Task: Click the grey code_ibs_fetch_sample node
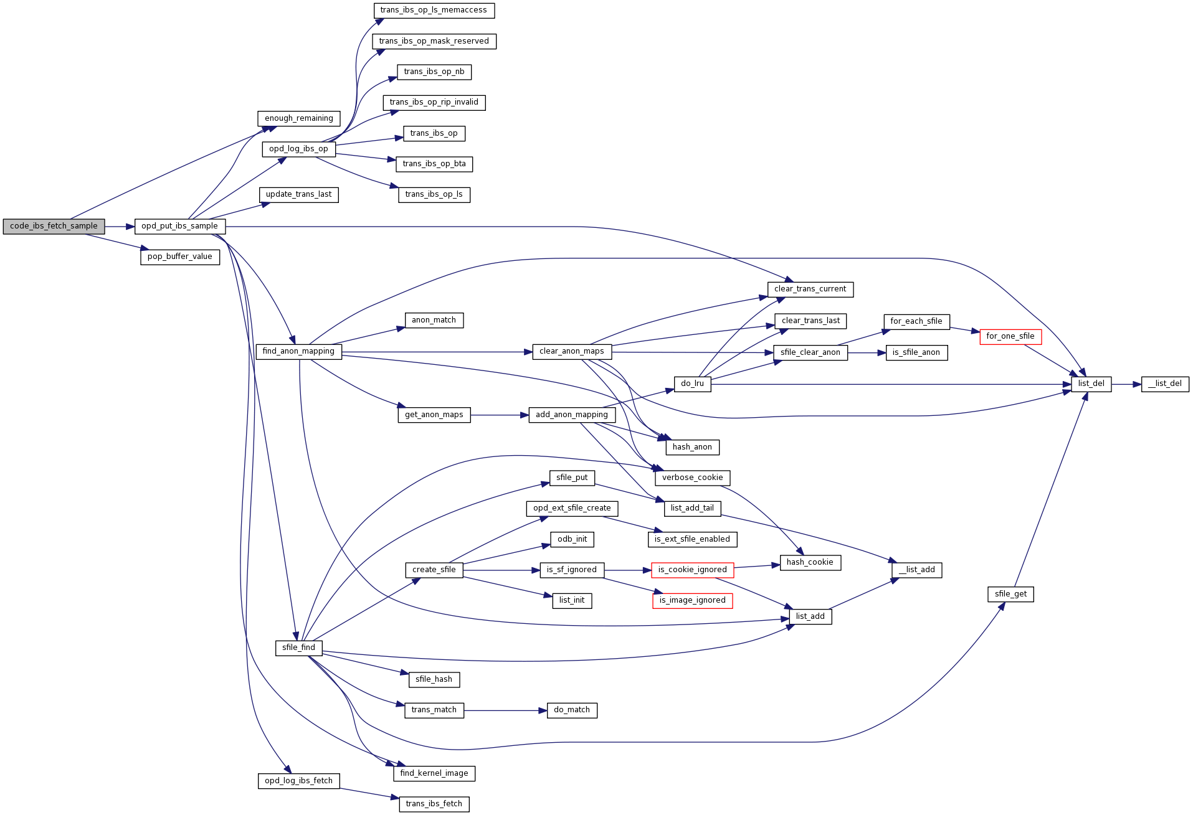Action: point(54,227)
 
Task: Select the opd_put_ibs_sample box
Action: point(179,227)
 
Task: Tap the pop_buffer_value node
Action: point(179,257)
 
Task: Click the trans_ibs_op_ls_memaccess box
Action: point(434,11)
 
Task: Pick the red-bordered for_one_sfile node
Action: point(1010,337)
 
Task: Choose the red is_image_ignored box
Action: point(692,601)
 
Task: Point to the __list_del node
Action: point(1164,384)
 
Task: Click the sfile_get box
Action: point(1010,595)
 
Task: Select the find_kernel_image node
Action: point(434,774)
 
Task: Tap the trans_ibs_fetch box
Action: point(434,804)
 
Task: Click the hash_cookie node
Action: point(810,563)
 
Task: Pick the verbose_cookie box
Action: point(692,478)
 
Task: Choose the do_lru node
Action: point(692,384)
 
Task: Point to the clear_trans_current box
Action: point(810,290)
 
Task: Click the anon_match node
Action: point(434,321)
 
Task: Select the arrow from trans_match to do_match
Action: point(505,710)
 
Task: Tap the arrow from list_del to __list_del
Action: point(1126,384)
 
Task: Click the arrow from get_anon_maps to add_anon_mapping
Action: point(499,415)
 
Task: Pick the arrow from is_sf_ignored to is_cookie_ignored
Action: point(627,570)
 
